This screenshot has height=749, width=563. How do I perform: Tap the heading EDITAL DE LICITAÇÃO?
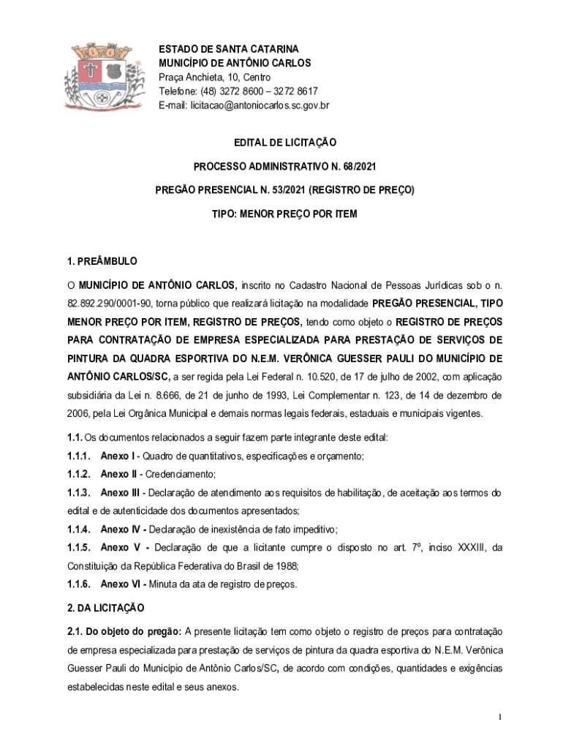284,143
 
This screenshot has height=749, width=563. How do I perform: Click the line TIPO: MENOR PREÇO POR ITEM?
284,214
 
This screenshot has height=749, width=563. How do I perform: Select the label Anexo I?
116,456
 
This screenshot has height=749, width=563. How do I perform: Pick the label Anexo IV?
118,529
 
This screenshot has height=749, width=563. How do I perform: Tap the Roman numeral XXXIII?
463,547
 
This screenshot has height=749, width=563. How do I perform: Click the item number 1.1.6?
79,584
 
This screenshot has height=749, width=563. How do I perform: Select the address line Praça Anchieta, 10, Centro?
215,78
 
